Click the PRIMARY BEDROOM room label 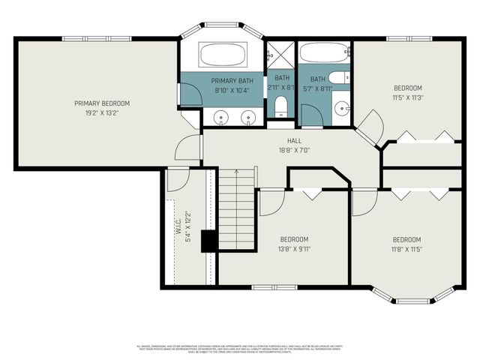[102, 103]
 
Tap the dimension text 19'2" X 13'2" [102, 113]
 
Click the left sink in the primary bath [221, 117]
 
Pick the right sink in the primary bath [247, 117]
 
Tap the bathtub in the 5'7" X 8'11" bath [325, 52]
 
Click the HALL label [294, 139]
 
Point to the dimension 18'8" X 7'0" [294, 150]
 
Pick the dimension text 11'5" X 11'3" [408, 97]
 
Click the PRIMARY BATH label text [232, 80]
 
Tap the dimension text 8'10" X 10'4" [232, 90]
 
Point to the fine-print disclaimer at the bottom [240, 348]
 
